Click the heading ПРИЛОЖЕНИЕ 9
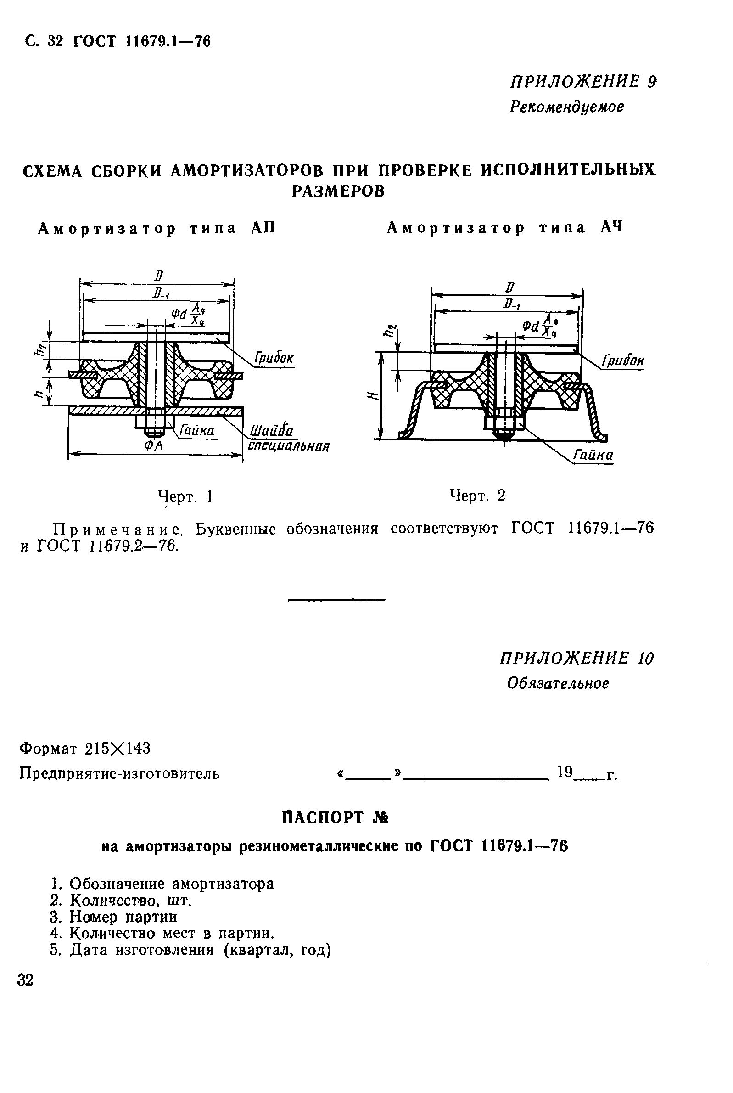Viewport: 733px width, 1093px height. pos(583,82)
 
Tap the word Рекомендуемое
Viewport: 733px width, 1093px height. pos(566,107)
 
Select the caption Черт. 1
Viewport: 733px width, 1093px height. pos(185,496)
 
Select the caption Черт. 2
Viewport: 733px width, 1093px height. pos(477,495)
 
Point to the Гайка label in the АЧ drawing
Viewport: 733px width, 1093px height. pos(593,455)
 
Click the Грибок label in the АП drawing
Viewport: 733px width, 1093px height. pos(274,359)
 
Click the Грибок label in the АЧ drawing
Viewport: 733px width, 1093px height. pos(623,361)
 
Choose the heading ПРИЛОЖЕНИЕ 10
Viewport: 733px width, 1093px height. pos(576,659)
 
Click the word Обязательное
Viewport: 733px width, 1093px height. pos(558,684)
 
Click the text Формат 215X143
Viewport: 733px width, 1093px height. pos(85,749)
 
